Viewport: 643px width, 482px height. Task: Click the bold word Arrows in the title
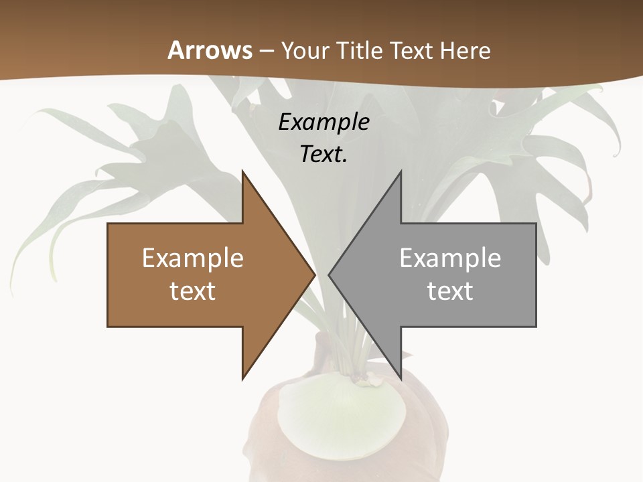[x=210, y=50]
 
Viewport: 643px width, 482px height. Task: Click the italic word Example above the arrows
[x=324, y=122]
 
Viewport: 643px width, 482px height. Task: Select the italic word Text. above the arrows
[x=324, y=154]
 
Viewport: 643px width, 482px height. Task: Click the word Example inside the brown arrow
[x=193, y=258]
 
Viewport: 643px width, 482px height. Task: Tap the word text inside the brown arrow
[x=193, y=291]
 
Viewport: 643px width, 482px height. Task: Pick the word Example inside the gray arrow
[x=450, y=258]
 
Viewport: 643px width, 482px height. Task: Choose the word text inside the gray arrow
[x=450, y=291]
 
